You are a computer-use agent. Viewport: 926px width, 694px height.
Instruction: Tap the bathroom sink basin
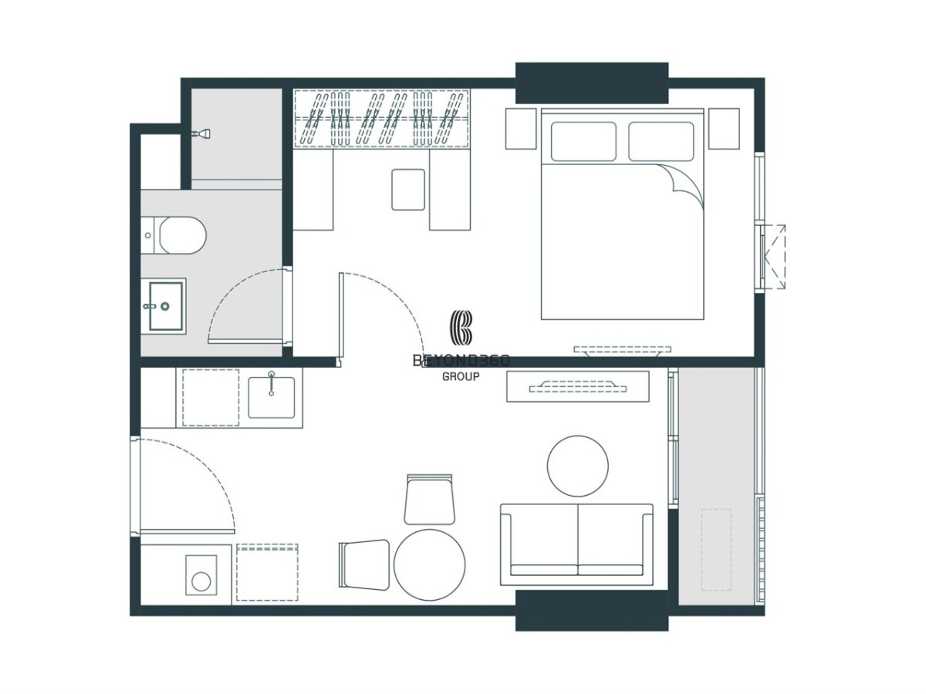coord(166,306)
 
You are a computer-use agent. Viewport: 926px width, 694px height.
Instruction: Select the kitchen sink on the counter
coord(272,397)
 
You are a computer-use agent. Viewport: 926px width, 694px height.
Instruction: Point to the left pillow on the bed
coord(583,142)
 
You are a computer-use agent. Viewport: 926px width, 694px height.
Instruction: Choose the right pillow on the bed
coord(661,142)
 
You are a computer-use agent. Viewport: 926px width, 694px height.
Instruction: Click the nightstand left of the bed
coord(521,129)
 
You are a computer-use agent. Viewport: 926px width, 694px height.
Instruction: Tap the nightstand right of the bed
coord(724,129)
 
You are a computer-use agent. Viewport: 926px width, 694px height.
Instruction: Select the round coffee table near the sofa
coord(577,466)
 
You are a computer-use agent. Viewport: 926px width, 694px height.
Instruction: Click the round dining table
coord(430,564)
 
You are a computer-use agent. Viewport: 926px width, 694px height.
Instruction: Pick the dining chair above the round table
coord(430,499)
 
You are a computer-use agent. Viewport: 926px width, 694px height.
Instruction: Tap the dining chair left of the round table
coord(364,564)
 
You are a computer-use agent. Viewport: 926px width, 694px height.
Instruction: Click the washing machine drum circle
coord(201,582)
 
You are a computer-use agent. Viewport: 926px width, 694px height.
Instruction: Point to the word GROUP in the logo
coord(461,376)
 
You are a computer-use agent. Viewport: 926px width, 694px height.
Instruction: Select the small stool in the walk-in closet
coord(408,190)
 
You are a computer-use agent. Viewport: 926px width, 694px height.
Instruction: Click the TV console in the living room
coord(577,386)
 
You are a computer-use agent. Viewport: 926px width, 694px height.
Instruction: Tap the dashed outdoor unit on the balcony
coord(716,550)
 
